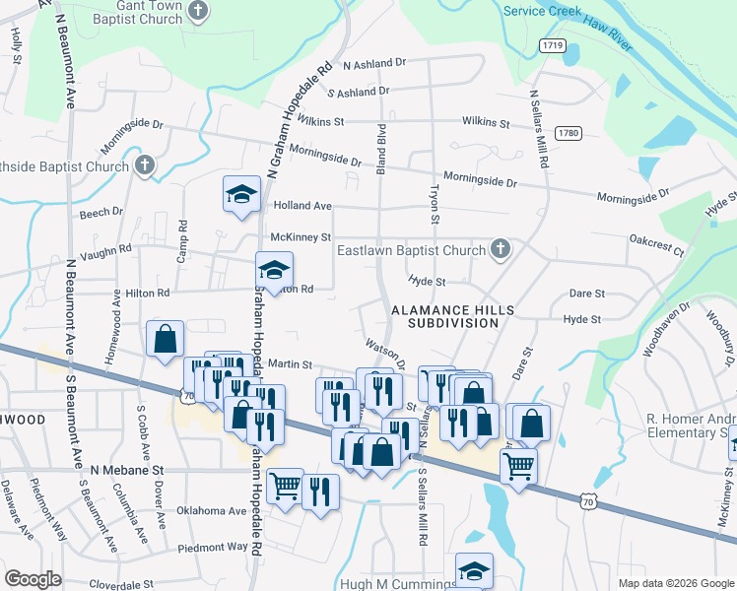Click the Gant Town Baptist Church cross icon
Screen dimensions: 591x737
pyautogui.click(x=198, y=13)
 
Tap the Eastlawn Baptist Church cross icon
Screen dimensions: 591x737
pyautogui.click(x=501, y=250)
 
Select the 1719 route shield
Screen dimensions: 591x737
pyautogui.click(x=552, y=46)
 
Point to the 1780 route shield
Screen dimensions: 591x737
pyautogui.click(x=568, y=133)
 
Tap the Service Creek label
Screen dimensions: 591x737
pyautogui.click(x=540, y=11)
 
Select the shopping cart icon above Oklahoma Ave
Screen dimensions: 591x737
pyautogui.click(x=285, y=486)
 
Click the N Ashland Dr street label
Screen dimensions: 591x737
pyautogui.click(x=374, y=63)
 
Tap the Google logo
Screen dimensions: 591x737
pyautogui.click(x=33, y=579)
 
